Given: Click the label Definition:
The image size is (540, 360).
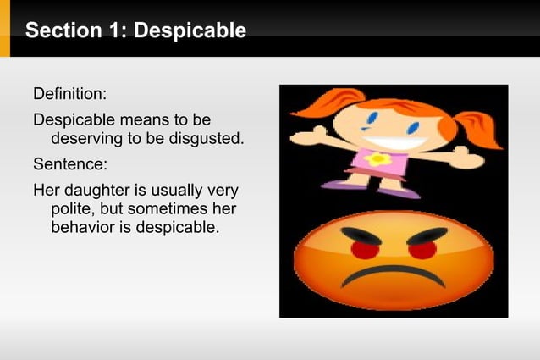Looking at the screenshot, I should (x=69, y=92).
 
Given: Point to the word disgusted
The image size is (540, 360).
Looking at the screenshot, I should (x=207, y=138).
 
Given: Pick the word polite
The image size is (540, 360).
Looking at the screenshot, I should (x=75, y=208).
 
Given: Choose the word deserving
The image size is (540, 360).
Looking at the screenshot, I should (x=87, y=138).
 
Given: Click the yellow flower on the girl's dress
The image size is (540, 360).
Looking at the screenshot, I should (x=377, y=158).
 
